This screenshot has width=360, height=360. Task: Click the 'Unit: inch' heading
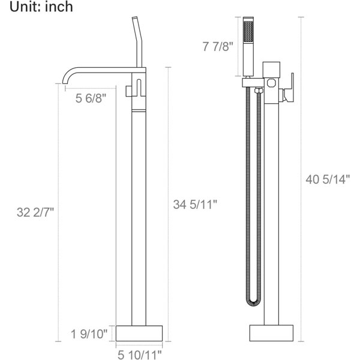coord(41,7)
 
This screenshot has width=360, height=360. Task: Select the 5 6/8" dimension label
coord(91,98)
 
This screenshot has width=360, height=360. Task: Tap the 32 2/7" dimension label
coord(35,212)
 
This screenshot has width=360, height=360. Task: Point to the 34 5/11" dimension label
coord(195,205)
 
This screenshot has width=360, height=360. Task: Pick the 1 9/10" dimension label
coord(89,334)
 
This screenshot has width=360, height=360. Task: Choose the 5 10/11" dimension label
coord(140,355)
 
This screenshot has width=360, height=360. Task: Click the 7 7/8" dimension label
coord(218,46)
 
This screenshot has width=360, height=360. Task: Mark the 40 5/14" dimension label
coord(328,179)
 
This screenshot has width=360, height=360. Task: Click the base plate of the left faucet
coord(139,333)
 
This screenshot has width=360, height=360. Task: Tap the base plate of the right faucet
coord(271,333)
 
